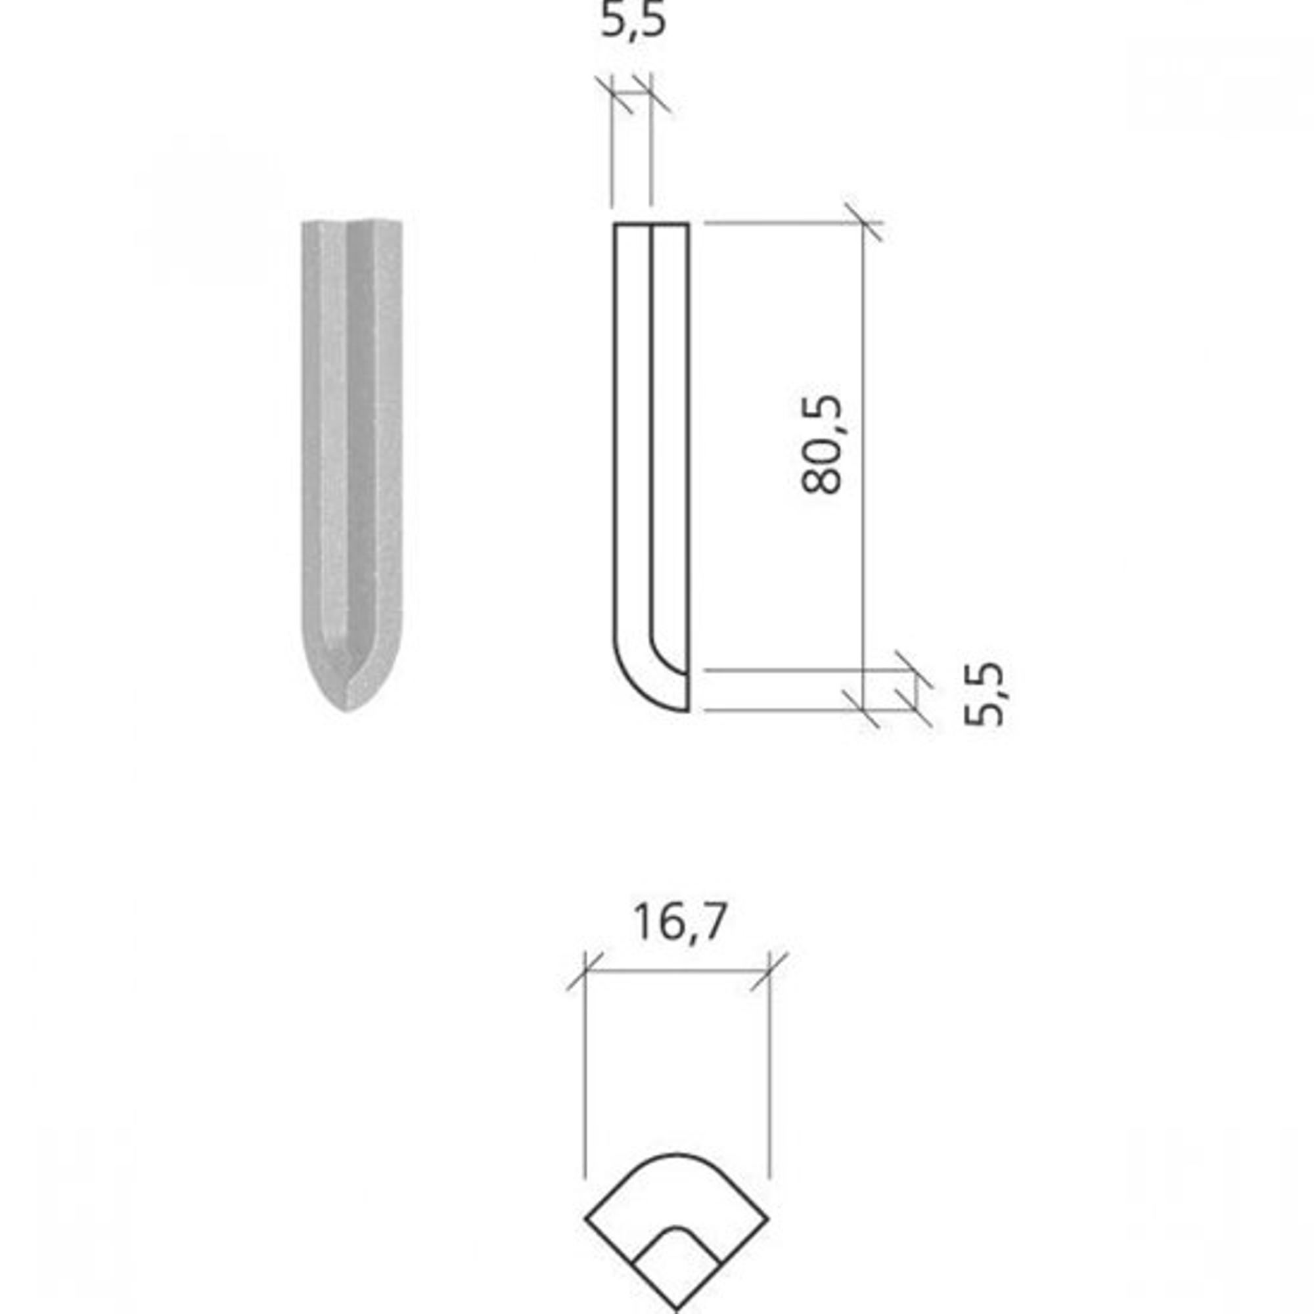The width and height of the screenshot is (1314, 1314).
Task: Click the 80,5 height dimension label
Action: (822, 445)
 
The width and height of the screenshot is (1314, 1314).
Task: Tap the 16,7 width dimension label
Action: (679, 923)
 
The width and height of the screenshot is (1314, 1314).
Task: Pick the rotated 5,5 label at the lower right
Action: (984, 694)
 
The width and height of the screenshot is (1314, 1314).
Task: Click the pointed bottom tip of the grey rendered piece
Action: (346, 711)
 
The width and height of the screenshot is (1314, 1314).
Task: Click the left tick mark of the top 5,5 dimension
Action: (613, 95)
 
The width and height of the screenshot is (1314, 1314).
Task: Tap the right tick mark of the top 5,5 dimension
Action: (652, 95)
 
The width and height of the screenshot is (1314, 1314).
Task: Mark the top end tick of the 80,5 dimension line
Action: (863, 223)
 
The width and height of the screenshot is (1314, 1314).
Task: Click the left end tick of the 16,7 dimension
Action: (585, 972)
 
